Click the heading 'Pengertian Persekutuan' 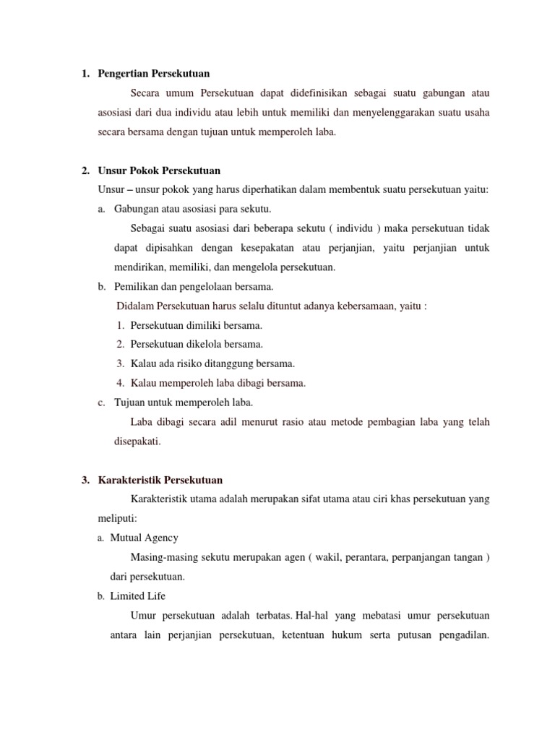click(x=153, y=73)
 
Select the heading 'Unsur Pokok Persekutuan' click(x=159, y=171)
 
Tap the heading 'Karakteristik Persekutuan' click(x=160, y=480)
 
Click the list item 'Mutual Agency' click(x=144, y=538)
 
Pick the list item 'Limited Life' click(x=137, y=595)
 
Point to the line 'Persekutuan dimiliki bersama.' click(x=197, y=325)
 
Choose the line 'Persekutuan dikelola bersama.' click(x=197, y=344)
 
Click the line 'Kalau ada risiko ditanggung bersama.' click(x=212, y=363)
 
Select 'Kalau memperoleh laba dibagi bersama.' click(x=218, y=383)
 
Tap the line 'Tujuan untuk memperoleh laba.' click(x=184, y=402)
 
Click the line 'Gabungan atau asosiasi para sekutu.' click(x=192, y=209)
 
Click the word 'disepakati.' click(x=136, y=441)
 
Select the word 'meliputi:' click(x=117, y=518)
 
